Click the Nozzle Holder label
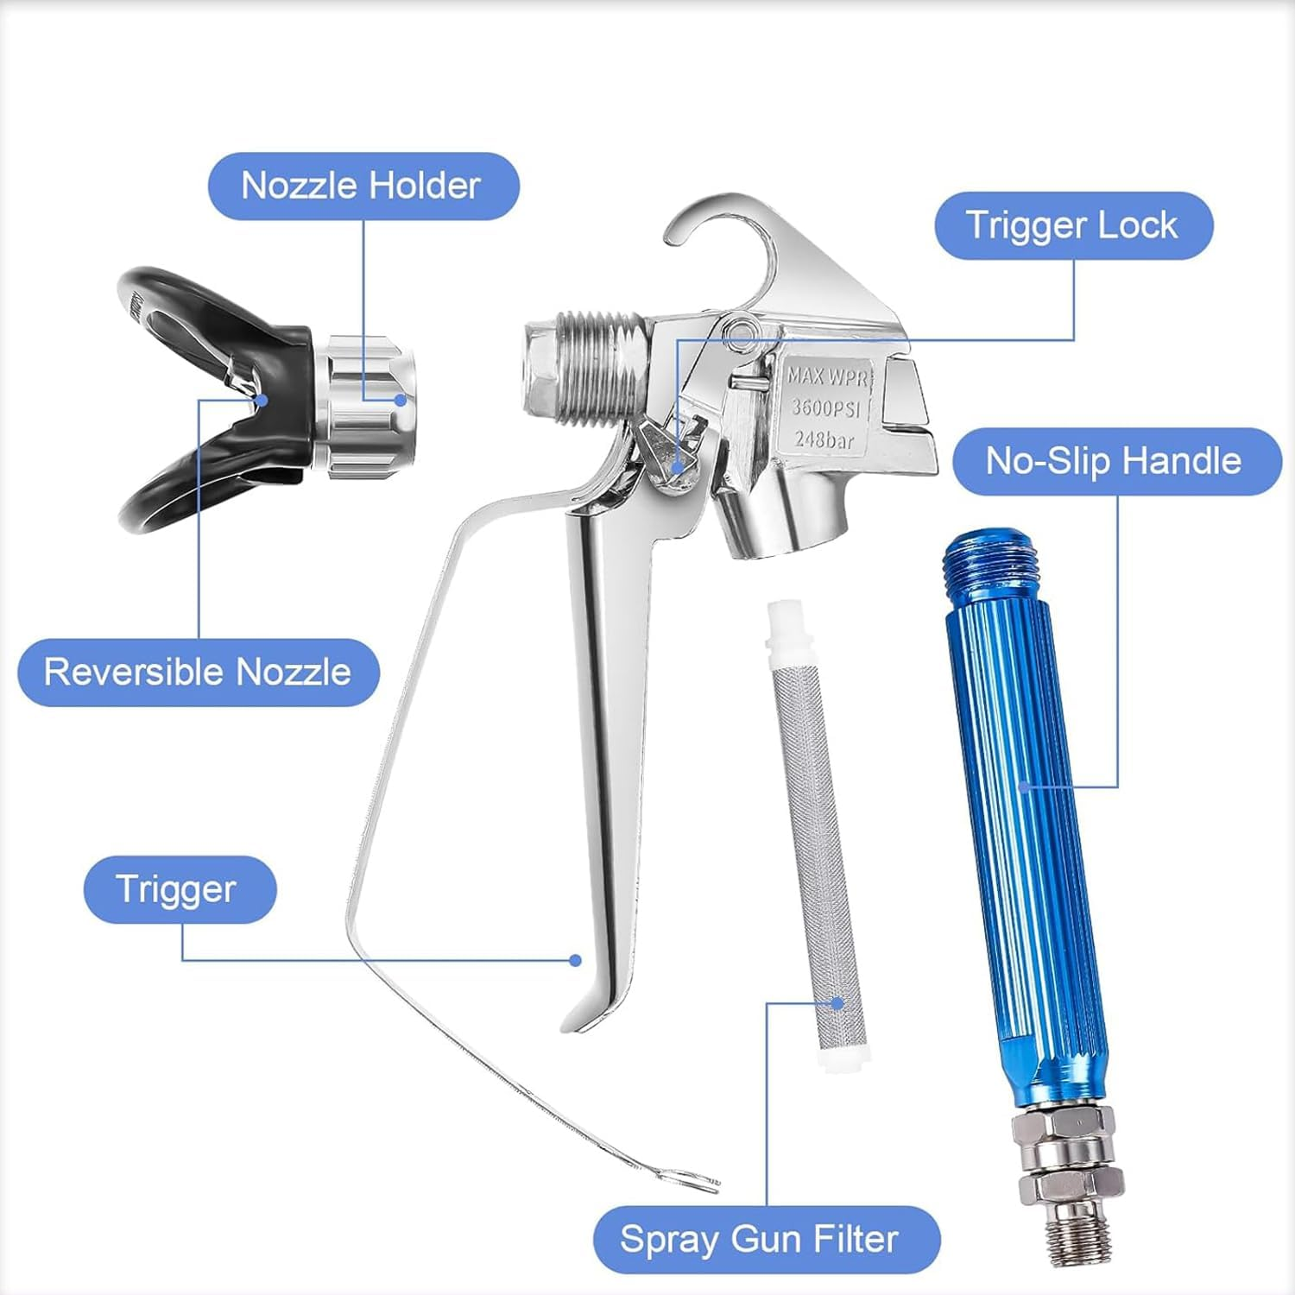coord(363,186)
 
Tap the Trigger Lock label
coord(1074,225)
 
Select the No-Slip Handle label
coord(1116,461)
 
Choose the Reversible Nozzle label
coord(199,673)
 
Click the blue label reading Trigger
coord(180,889)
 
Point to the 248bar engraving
coord(824,439)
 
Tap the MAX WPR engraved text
coord(827,376)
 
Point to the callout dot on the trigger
coord(576,960)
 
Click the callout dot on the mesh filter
coord(837,1003)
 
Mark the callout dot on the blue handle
coord(1024,786)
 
